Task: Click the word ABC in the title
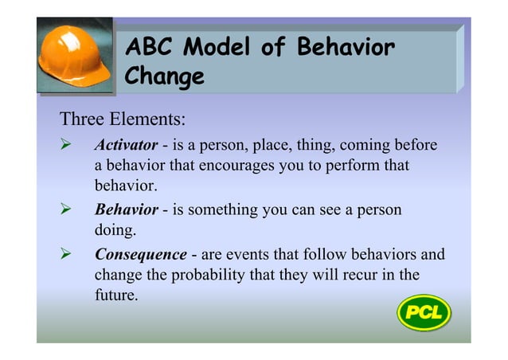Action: coord(153,49)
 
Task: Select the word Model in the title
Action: coord(220,49)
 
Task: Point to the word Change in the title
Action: coord(165,78)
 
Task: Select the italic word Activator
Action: coord(126,146)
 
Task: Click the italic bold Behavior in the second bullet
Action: coord(126,210)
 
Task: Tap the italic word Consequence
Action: coord(140,256)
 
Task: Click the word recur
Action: coord(361,276)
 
